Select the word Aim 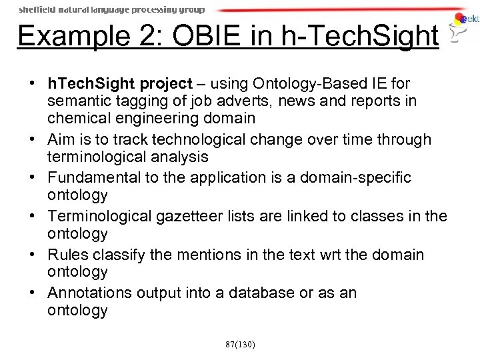click(61, 139)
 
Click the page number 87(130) click(240, 344)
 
